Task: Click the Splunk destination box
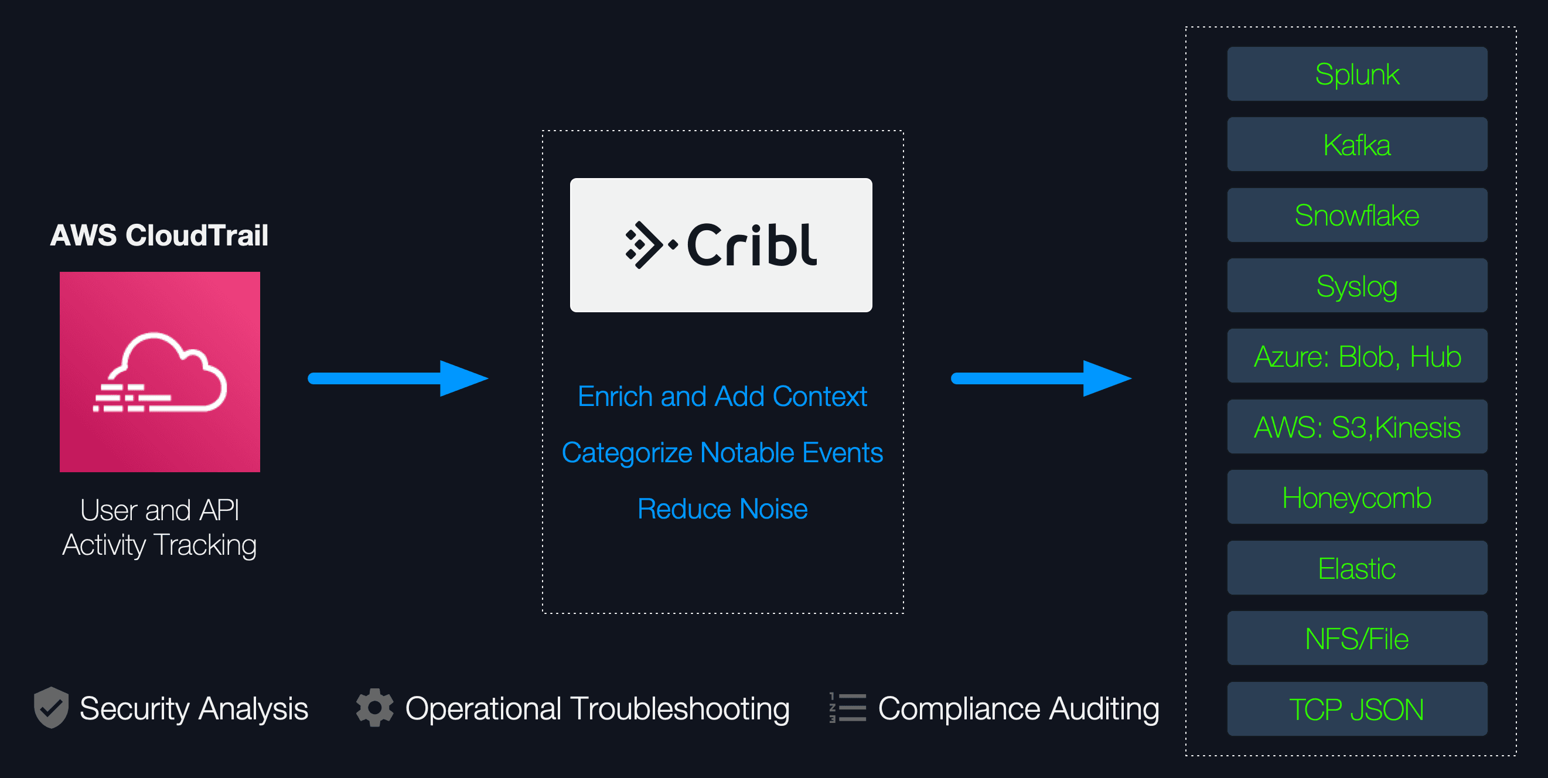(x=1357, y=74)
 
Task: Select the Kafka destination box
(x=1357, y=145)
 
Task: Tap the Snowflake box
(x=1357, y=215)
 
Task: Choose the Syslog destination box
(x=1357, y=286)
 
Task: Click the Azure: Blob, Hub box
(x=1357, y=356)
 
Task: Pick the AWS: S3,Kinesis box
(x=1357, y=427)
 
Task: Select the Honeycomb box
(x=1357, y=497)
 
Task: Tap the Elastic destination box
(x=1357, y=568)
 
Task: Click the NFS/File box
(x=1357, y=639)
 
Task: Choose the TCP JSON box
(x=1357, y=709)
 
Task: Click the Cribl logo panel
(x=721, y=245)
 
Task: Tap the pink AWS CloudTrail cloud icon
(x=160, y=372)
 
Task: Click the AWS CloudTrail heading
(x=159, y=235)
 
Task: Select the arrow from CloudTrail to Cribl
(x=398, y=378)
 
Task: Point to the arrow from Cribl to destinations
(x=1041, y=378)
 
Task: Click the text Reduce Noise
(x=722, y=509)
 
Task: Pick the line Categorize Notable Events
(x=722, y=452)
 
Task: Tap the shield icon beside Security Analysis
(x=51, y=707)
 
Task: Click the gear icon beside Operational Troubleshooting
(x=374, y=707)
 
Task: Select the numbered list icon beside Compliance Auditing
(x=847, y=707)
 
